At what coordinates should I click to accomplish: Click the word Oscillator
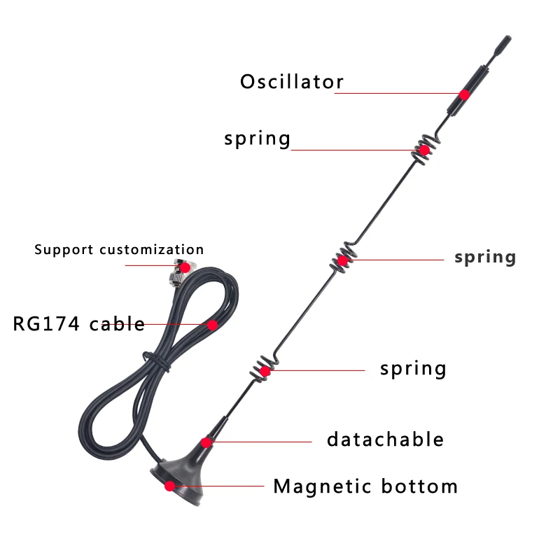click(292, 82)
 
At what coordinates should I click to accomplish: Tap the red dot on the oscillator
click(464, 94)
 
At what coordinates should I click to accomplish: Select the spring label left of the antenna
click(257, 138)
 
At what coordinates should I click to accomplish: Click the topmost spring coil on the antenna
click(423, 150)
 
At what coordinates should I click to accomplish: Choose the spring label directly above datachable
click(413, 367)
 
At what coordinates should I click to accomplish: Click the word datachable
click(385, 440)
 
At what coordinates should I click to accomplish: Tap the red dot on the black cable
click(212, 325)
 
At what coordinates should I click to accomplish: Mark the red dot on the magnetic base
click(169, 486)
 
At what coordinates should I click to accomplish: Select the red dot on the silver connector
click(184, 267)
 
